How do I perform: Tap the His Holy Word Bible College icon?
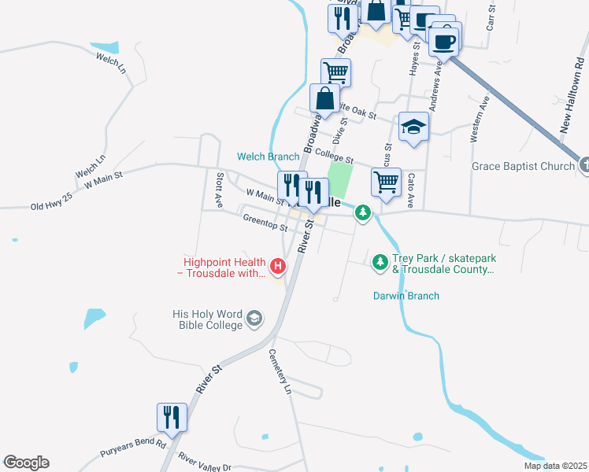[x=254, y=319]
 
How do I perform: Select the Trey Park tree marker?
[x=380, y=260]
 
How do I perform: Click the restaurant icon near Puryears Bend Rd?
[x=172, y=418]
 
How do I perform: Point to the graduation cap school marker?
[x=413, y=127]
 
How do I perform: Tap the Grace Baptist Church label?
[x=523, y=166]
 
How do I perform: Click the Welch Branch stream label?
[x=269, y=157]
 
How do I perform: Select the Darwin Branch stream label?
[x=406, y=296]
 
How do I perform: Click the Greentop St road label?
[x=265, y=223]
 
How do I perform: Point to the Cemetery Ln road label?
[x=280, y=372]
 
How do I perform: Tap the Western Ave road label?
[x=480, y=118]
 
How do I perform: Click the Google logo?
[x=26, y=463]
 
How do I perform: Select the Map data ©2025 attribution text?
[x=555, y=466]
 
